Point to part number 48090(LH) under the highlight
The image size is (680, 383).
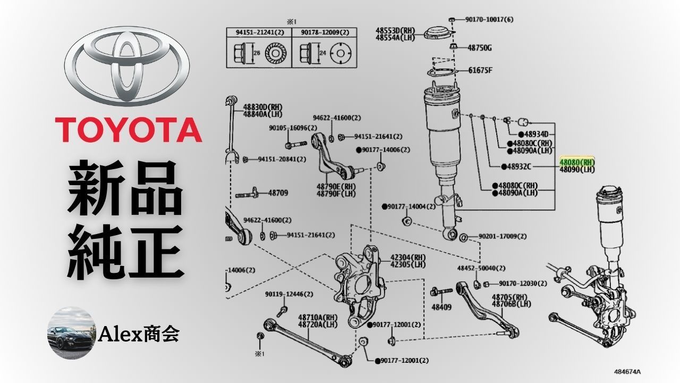[577, 170]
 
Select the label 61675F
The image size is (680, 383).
[480, 70]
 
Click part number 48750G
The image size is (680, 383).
[479, 48]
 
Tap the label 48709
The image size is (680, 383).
[278, 193]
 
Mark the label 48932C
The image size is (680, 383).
[519, 166]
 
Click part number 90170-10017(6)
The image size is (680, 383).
[489, 20]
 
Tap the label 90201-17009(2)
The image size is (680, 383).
[503, 236]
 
